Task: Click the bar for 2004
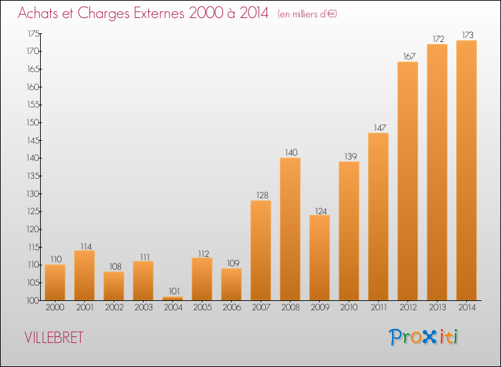point(172,298)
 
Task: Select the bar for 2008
point(290,229)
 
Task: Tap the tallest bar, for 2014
point(466,170)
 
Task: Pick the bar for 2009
point(319,258)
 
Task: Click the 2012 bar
point(407,181)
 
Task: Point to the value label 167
point(409,57)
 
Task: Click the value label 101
point(174,292)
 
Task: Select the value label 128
point(262,195)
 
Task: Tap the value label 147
point(380,127)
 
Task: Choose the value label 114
point(86,247)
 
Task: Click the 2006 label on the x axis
point(232,308)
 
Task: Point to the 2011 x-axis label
point(379,308)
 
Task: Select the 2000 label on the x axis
point(55,308)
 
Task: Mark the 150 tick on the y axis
point(33,123)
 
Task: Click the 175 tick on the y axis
point(33,33)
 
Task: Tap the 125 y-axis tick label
point(33,212)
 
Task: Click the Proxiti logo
point(424,338)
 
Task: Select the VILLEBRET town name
point(53,338)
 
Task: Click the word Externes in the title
point(159,13)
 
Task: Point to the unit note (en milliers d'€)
point(307,14)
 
